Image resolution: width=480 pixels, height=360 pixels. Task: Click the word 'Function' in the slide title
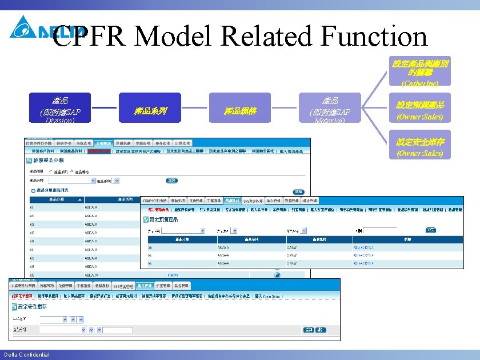tap(374, 37)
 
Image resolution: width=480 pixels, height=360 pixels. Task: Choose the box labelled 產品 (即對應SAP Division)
tap(60, 107)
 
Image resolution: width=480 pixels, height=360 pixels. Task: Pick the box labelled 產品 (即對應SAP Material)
tap(331, 107)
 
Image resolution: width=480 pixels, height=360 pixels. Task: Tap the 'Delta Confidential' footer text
tap(27, 355)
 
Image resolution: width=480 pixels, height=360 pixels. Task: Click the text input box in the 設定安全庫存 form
tap(117, 330)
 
